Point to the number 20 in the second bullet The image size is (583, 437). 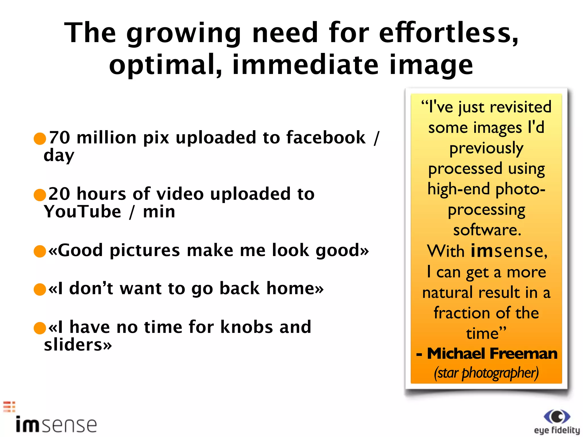(59, 194)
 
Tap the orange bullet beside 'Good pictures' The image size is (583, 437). (40, 251)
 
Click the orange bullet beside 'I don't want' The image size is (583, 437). (40, 289)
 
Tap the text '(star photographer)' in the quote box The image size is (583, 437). (486, 373)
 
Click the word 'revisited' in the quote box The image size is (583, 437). (521, 107)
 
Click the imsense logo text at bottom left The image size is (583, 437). (56, 425)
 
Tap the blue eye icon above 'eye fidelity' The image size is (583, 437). (557, 417)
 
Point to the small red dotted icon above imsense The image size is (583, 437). (9, 407)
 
